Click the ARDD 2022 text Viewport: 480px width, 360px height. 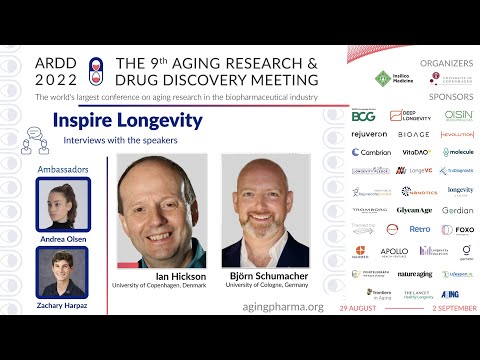click(57, 69)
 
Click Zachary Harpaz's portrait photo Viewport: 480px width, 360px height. click(62, 269)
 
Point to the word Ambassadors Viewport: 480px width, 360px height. click(62, 170)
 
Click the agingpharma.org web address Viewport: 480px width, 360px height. click(283, 306)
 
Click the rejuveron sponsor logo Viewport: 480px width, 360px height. click(369, 134)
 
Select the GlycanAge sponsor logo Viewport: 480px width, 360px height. click(413, 210)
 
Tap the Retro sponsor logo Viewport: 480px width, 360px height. click(419, 229)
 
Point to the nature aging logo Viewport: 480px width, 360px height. click(414, 273)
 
